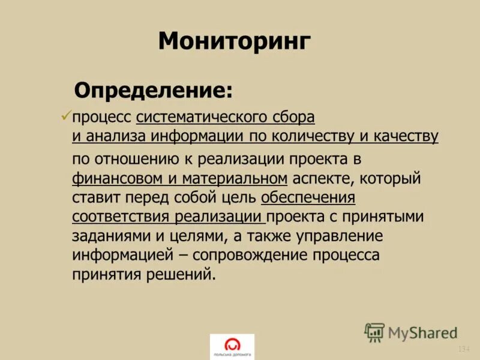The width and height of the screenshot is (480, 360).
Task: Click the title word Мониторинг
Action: point(235,42)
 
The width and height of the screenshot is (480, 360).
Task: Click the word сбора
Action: point(292,116)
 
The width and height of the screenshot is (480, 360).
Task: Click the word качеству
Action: point(407,136)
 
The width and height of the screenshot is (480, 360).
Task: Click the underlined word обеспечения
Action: point(308,197)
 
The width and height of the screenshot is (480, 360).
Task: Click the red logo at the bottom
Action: point(232,346)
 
